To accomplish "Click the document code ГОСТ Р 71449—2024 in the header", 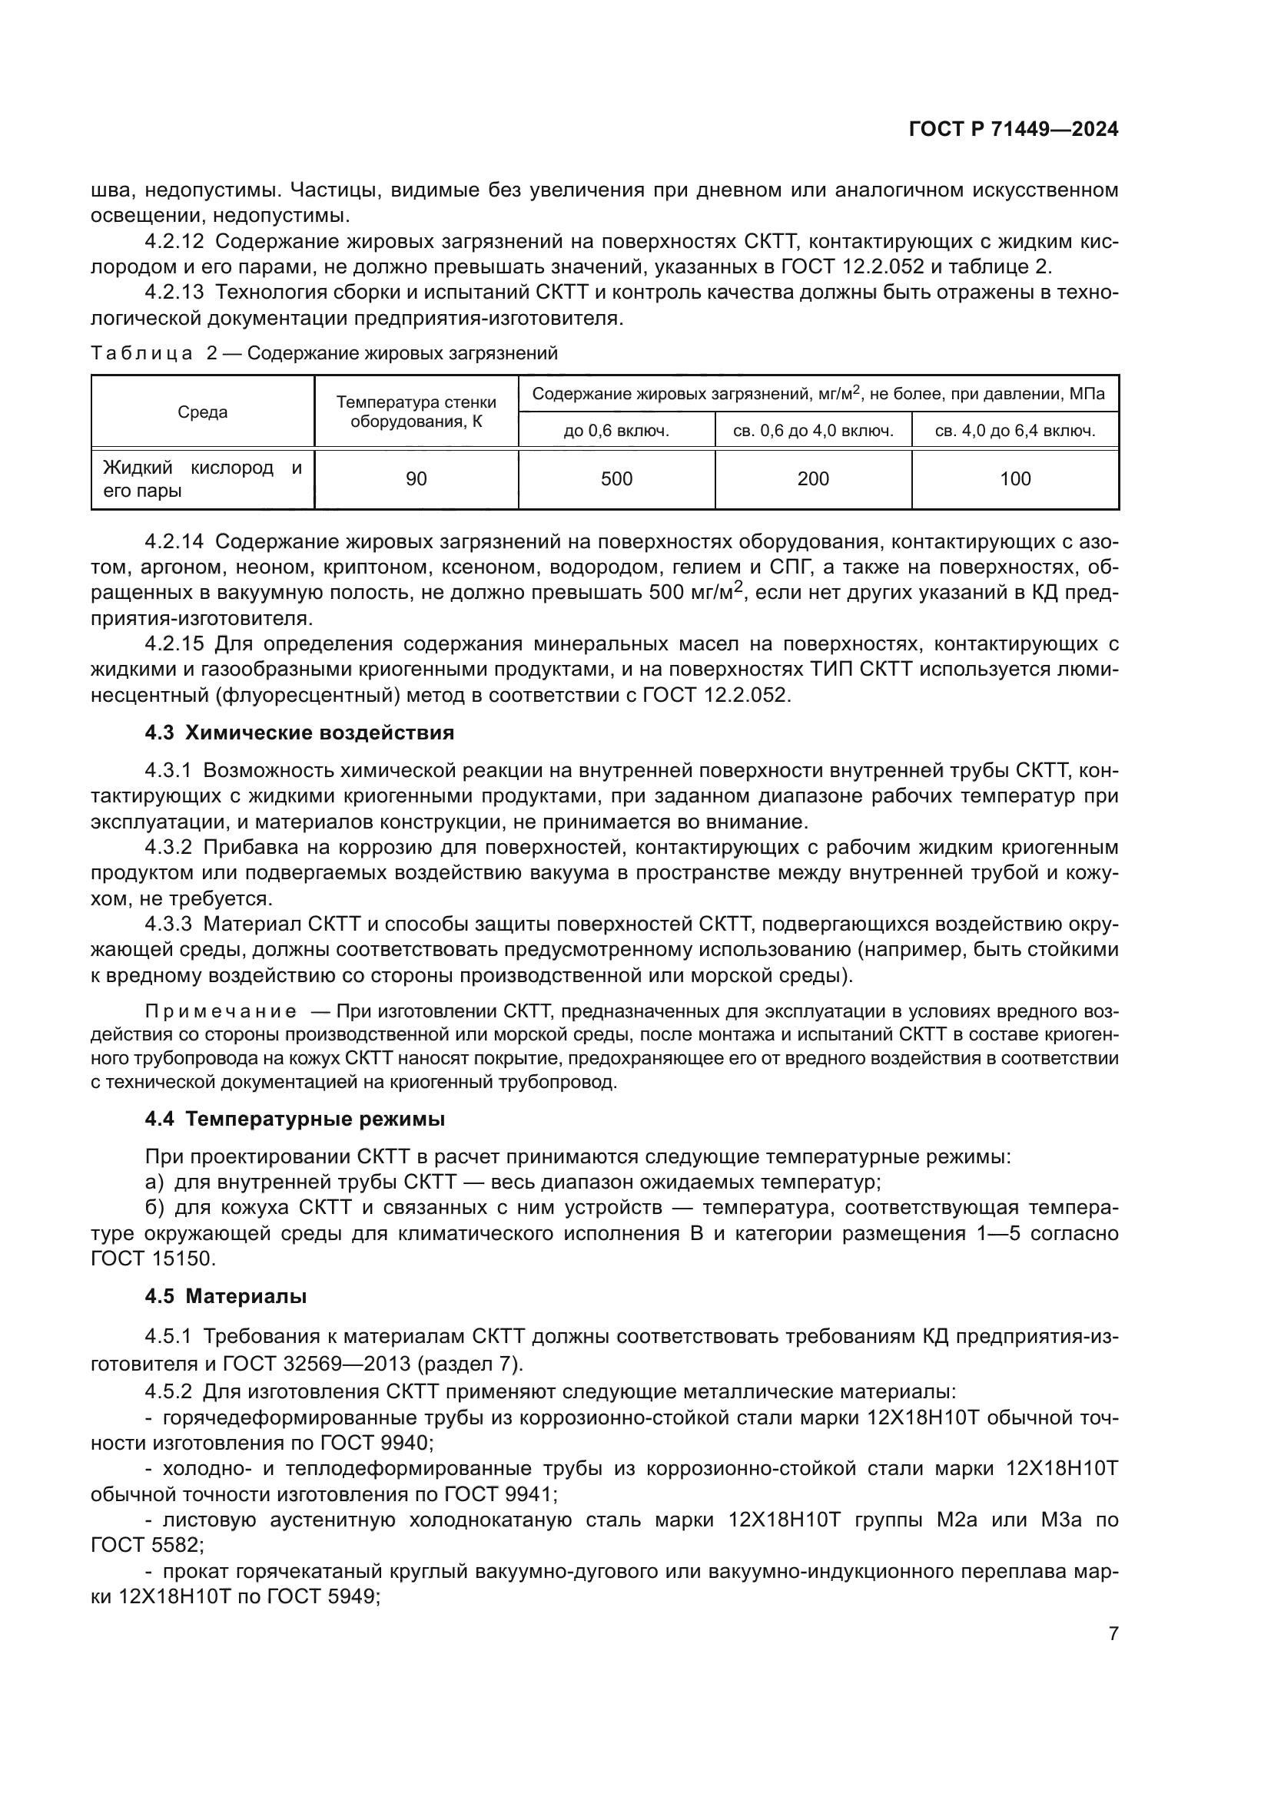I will tap(1014, 130).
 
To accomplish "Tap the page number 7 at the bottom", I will tap(1113, 1633).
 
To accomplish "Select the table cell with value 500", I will tap(616, 478).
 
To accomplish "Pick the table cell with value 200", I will tap(812, 478).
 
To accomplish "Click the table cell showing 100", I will tap(1014, 478).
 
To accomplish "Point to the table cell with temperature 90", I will tap(416, 478).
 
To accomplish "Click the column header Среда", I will tap(203, 412).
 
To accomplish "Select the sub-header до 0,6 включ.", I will tap(616, 430).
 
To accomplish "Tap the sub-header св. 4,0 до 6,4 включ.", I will tap(1014, 430).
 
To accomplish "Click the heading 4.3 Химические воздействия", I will tap(299, 733).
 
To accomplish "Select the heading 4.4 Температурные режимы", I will tap(294, 1120).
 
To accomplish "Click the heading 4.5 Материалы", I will tap(225, 1296).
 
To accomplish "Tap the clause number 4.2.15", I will tap(174, 643).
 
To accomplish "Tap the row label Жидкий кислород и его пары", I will tap(202, 478).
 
